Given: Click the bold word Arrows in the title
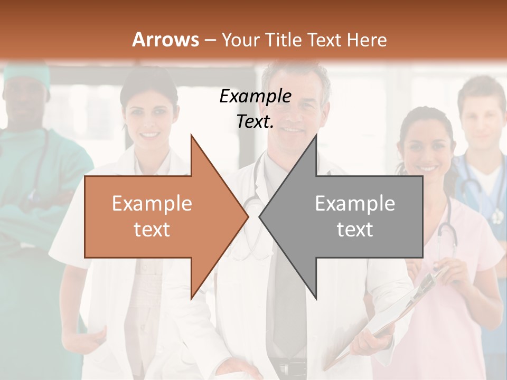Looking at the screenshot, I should click(165, 40).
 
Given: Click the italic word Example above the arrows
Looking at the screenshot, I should click(255, 97).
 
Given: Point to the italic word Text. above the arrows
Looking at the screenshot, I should click(255, 122).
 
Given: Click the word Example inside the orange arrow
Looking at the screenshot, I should click(152, 203).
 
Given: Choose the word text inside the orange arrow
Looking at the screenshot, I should click(152, 229).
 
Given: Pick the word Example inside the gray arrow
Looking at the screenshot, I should click(355, 203).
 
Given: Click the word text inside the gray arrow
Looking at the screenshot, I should click(355, 229).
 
